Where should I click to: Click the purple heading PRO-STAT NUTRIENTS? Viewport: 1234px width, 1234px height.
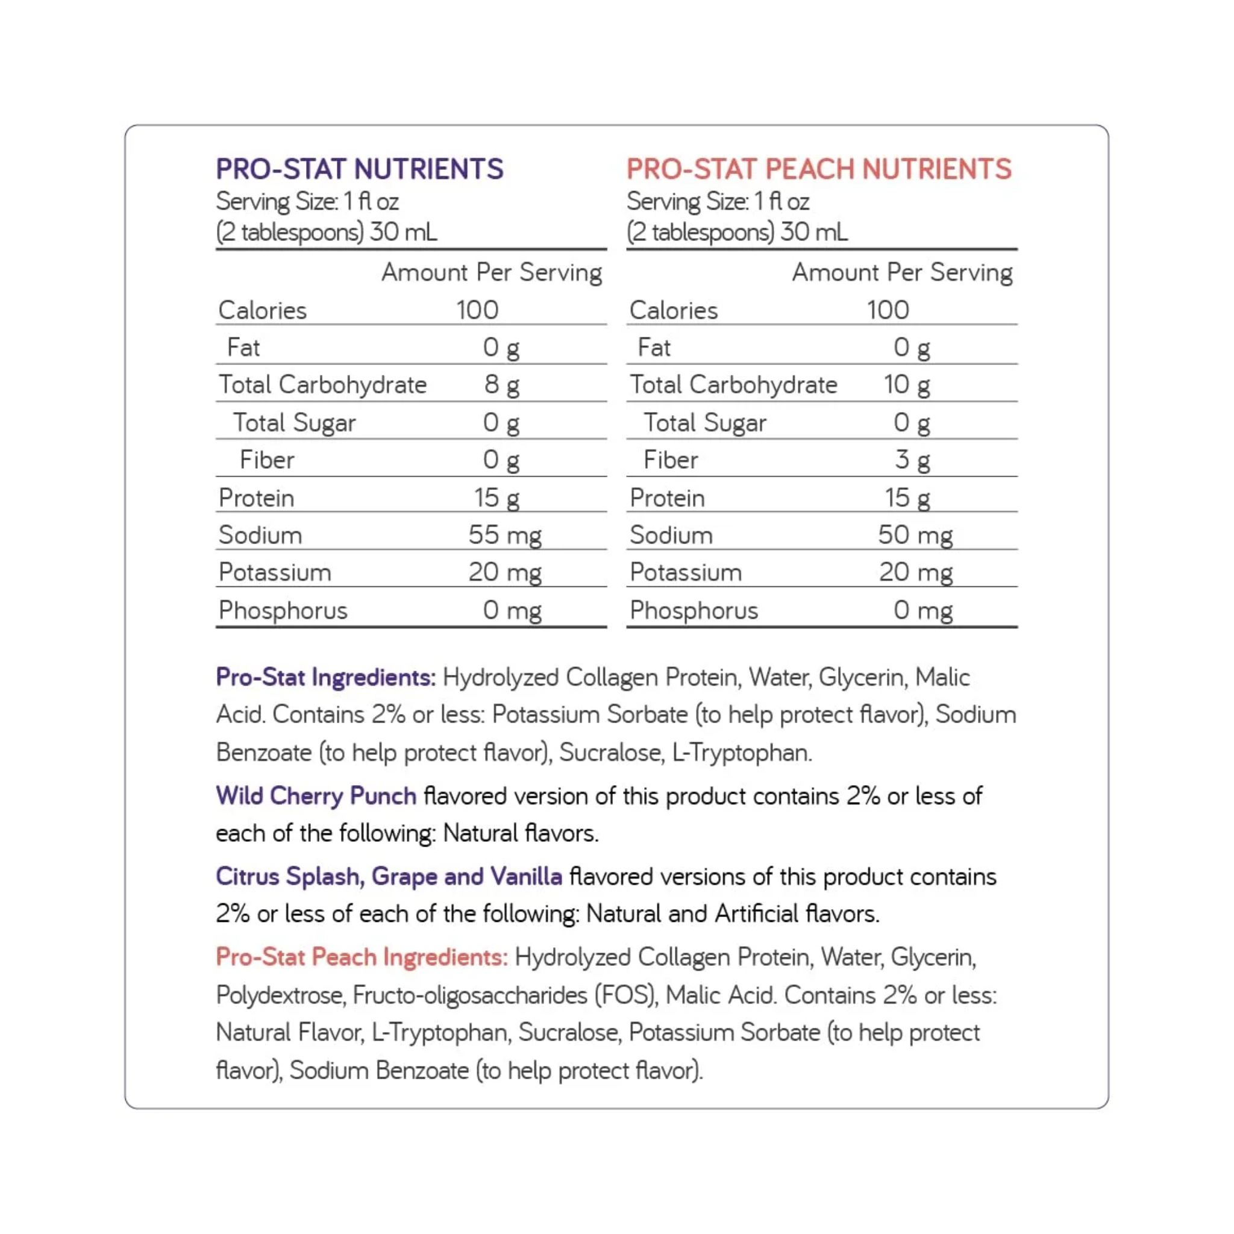coord(360,169)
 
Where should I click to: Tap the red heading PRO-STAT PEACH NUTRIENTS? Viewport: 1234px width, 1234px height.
coord(819,169)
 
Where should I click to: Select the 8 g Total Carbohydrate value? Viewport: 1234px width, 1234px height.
coord(501,385)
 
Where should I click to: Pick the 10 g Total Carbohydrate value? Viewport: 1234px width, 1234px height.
coord(906,385)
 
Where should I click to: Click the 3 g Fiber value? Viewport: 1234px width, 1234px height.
coord(912,460)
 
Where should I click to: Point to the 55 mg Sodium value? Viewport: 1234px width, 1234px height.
coord(504,535)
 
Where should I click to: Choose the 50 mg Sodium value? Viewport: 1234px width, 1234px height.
coord(915,535)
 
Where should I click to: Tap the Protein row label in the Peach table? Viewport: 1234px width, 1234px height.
coord(667,498)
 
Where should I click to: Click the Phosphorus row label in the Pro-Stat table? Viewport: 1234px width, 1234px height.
coord(283,610)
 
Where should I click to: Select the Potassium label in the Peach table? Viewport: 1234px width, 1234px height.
coord(685,573)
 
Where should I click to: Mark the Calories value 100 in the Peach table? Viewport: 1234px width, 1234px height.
coord(888,310)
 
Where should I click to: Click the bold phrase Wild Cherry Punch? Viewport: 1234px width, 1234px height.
coord(316,796)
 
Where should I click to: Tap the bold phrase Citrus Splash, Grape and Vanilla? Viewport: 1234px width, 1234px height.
coord(389,876)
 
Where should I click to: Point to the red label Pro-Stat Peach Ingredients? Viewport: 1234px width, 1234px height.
coord(362,957)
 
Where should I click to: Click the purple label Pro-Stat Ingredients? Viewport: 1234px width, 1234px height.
coord(326,677)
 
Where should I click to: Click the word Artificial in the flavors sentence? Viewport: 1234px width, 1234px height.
coord(757,914)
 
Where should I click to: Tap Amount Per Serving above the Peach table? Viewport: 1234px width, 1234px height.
coord(902,273)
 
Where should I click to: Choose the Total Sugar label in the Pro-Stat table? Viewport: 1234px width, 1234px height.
coord(294,423)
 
